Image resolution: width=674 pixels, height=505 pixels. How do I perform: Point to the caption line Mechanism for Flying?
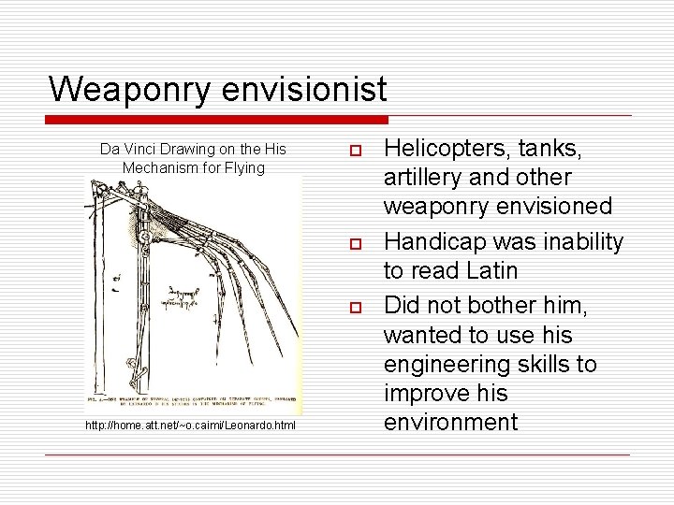pyautogui.click(x=194, y=167)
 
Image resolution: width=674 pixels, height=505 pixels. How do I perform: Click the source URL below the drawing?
pyautogui.click(x=190, y=426)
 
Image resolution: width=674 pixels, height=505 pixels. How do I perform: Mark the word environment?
pyautogui.click(x=450, y=422)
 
